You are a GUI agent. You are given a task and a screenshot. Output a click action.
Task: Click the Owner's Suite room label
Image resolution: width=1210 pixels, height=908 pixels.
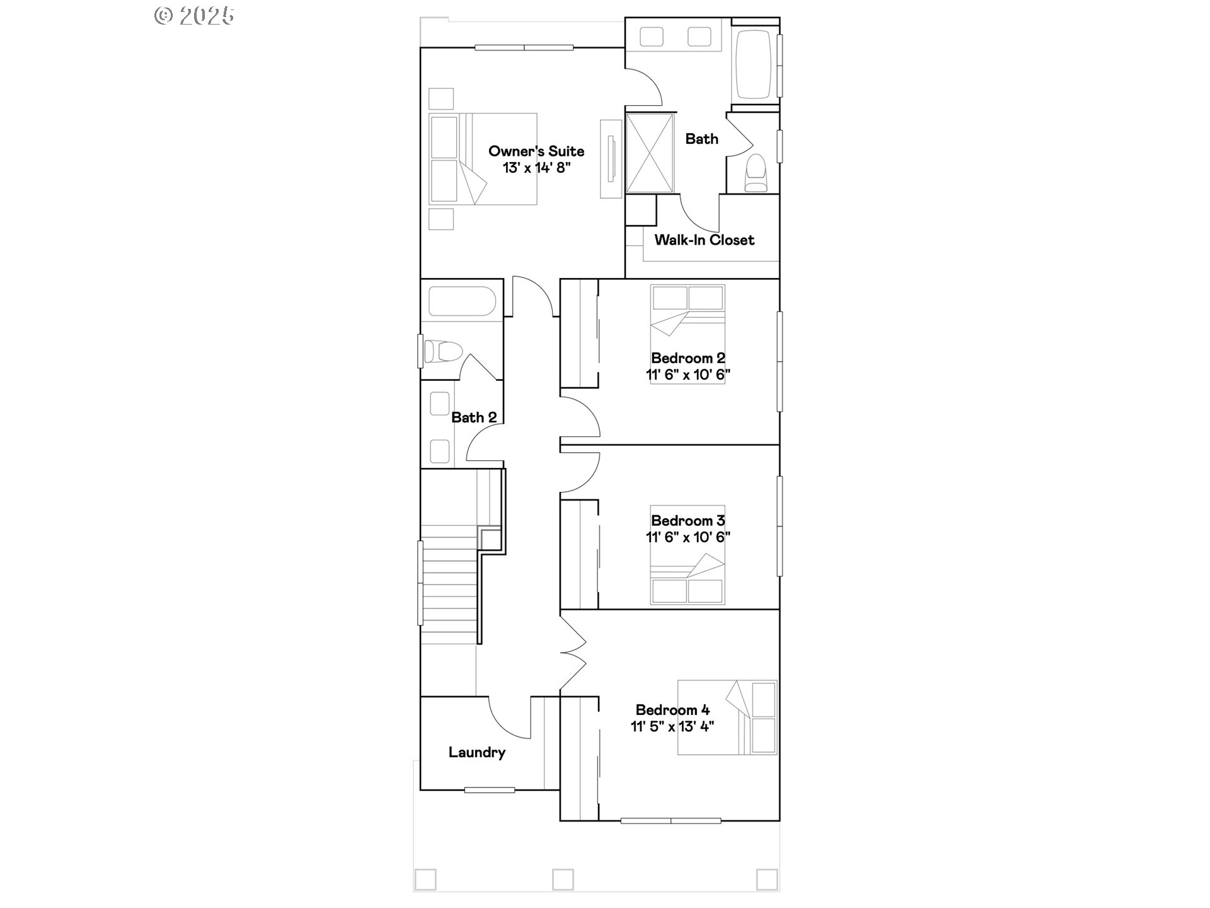(536, 151)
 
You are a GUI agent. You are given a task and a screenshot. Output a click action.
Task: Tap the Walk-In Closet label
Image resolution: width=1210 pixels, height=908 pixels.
(704, 240)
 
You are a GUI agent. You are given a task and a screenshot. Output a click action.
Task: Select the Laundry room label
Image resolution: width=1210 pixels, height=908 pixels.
(477, 752)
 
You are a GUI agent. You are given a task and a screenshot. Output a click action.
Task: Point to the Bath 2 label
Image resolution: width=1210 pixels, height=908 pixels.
(474, 417)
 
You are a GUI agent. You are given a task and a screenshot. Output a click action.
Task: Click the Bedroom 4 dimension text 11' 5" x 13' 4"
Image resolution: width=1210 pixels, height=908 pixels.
(672, 726)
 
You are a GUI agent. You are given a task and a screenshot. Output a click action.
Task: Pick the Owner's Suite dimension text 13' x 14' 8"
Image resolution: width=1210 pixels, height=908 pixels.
(536, 168)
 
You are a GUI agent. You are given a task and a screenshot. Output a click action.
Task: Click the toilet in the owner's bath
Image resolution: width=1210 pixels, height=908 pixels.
(755, 173)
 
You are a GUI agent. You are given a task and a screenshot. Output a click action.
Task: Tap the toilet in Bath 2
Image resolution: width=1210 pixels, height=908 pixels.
(443, 351)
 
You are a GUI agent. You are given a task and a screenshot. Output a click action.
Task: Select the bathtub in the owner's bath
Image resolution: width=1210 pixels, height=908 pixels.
(754, 64)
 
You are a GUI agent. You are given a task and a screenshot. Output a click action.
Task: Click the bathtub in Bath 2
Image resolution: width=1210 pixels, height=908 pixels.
(462, 301)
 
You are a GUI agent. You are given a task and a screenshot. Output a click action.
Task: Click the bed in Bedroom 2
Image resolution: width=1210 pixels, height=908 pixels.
(688, 334)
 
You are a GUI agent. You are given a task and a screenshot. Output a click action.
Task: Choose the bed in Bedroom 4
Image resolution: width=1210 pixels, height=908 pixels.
(727, 718)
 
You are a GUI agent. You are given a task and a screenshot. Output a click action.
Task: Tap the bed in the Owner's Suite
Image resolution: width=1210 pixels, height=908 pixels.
(483, 159)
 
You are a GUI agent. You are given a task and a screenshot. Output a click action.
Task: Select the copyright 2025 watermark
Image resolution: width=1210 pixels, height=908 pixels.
(194, 15)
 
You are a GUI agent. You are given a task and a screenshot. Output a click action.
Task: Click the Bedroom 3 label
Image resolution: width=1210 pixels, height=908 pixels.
(688, 521)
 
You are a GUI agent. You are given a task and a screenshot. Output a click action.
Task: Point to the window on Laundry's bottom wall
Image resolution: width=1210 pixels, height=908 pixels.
(490, 789)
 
